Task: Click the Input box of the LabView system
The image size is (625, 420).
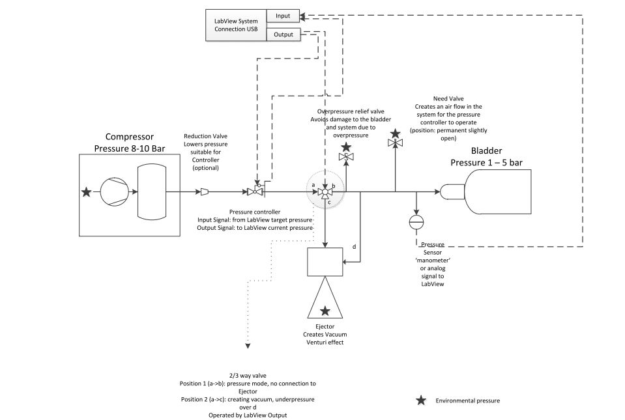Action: point(283,15)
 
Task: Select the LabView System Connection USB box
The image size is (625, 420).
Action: point(236,25)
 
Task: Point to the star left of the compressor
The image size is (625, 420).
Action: point(86,192)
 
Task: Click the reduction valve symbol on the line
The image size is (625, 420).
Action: point(203,192)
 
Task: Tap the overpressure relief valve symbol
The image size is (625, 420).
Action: point(346,158)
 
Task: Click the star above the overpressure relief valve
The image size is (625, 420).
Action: point(346,147)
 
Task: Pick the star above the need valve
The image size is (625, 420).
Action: point(395,133)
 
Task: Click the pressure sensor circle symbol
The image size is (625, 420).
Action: point(416,221)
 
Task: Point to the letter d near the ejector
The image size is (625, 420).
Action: point(354,247)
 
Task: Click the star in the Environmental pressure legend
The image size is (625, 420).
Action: point(422,400)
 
